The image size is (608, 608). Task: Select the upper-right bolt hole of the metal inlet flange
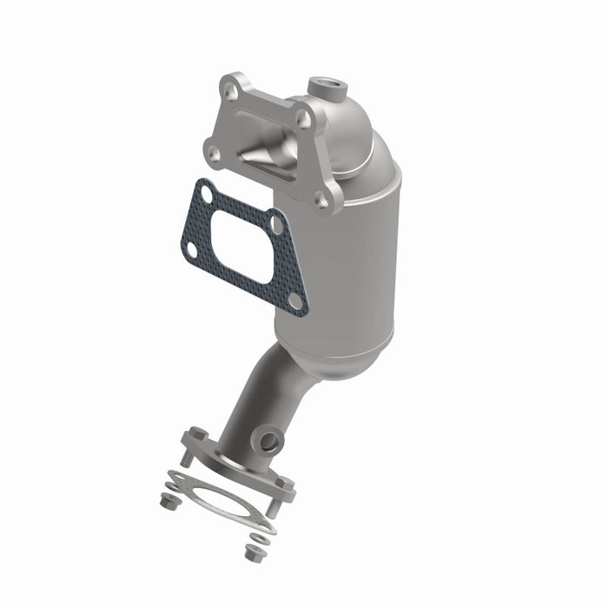point(303,120)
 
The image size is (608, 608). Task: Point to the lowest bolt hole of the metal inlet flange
point(322,201)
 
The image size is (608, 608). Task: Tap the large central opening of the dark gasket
point(243,248)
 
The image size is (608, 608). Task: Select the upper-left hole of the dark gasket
point(205,193)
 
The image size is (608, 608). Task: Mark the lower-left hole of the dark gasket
point(191,250)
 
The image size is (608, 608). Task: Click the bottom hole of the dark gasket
point(294,301)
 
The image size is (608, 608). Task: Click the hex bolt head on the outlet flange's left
point(197,435)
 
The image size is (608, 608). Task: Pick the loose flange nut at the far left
point(165,500)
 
